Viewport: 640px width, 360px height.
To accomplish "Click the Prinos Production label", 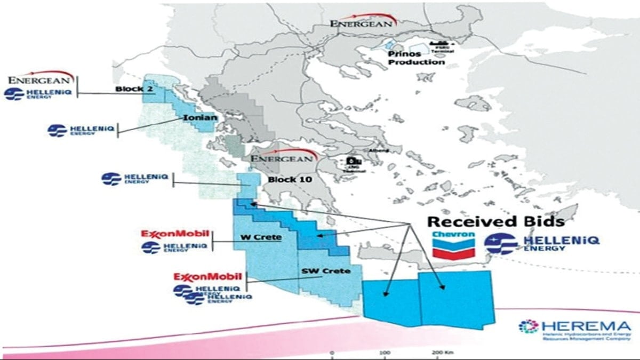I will [x=416, y=58].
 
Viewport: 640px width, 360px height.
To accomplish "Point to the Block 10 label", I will [x=290, y=179].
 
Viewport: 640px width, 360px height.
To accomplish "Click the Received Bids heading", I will [x=496, y=221].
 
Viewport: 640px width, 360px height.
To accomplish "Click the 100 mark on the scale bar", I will [x=385, y=354].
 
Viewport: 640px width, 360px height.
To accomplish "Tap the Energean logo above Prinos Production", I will [x=363, y=22].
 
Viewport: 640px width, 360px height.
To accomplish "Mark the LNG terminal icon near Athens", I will [x=352, y=161].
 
